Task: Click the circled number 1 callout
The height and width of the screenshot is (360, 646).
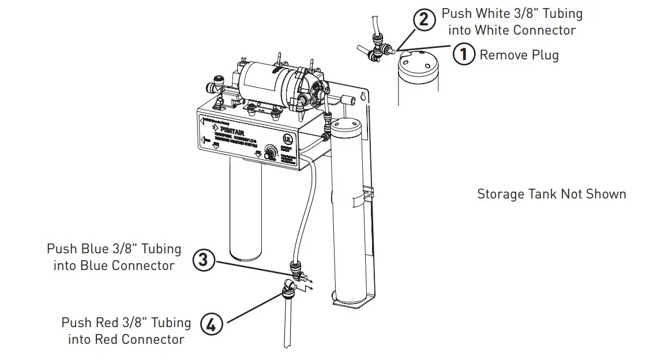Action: [x=463, y=55]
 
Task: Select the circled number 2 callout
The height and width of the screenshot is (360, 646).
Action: [x=424, y=20]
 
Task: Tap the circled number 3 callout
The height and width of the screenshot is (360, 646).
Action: [x=203, y=260]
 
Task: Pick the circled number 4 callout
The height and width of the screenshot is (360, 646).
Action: [x=211, y=325]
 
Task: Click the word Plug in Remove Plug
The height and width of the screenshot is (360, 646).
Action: [x=544, y=55]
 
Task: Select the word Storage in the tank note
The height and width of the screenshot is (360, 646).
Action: [x=499, y=194]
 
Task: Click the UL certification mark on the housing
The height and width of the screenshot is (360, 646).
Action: [x=286, y=140]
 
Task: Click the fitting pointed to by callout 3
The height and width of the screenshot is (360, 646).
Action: [x=296, y=268]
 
